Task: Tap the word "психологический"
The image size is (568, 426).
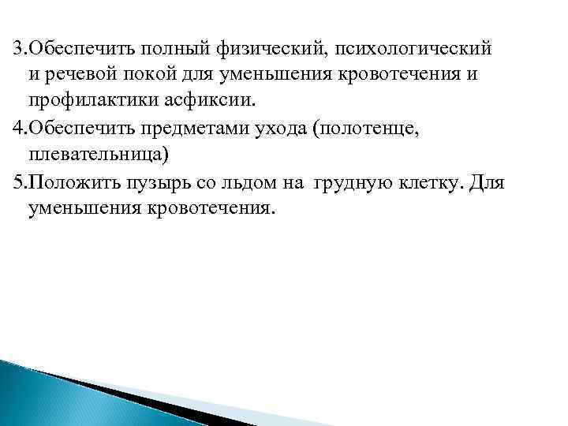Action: (x=414, y=48)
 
